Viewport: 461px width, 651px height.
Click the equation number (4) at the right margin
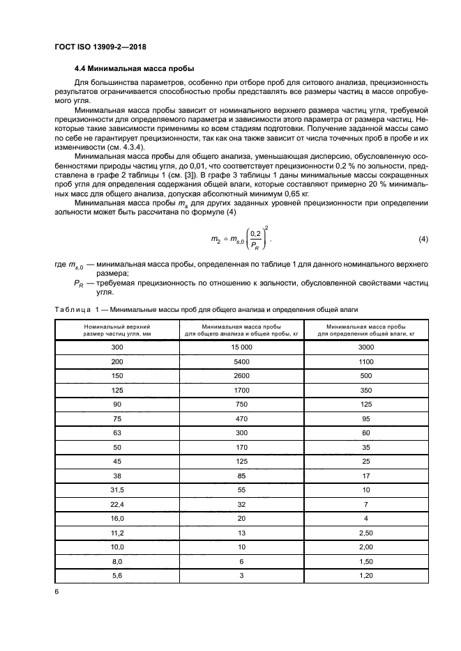click(x=423, y=240)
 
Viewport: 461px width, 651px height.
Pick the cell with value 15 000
click(x=242, y=346)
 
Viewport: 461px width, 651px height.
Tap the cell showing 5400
click(x=242, y=362)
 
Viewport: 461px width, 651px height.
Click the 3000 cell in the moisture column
click(x=366, y=346)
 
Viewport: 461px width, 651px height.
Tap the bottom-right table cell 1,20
click(x=366, y=577)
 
